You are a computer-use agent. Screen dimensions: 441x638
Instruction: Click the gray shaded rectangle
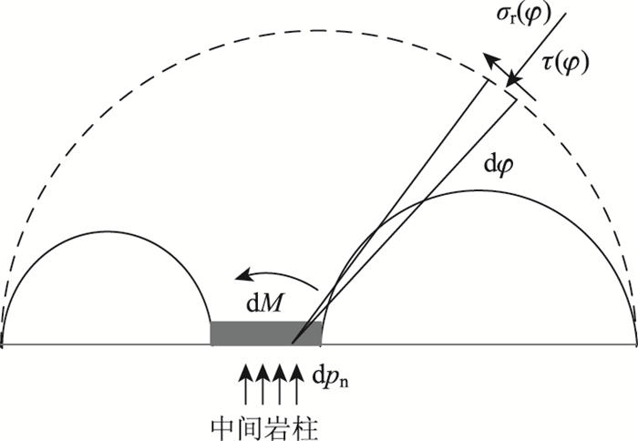tap(265, 333)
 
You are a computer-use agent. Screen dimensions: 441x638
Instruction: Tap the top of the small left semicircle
tap(108, 234)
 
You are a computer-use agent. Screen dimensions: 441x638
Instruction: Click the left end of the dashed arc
tap(3, 344)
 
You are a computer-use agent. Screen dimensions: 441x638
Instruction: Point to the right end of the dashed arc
tap(635, 344)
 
